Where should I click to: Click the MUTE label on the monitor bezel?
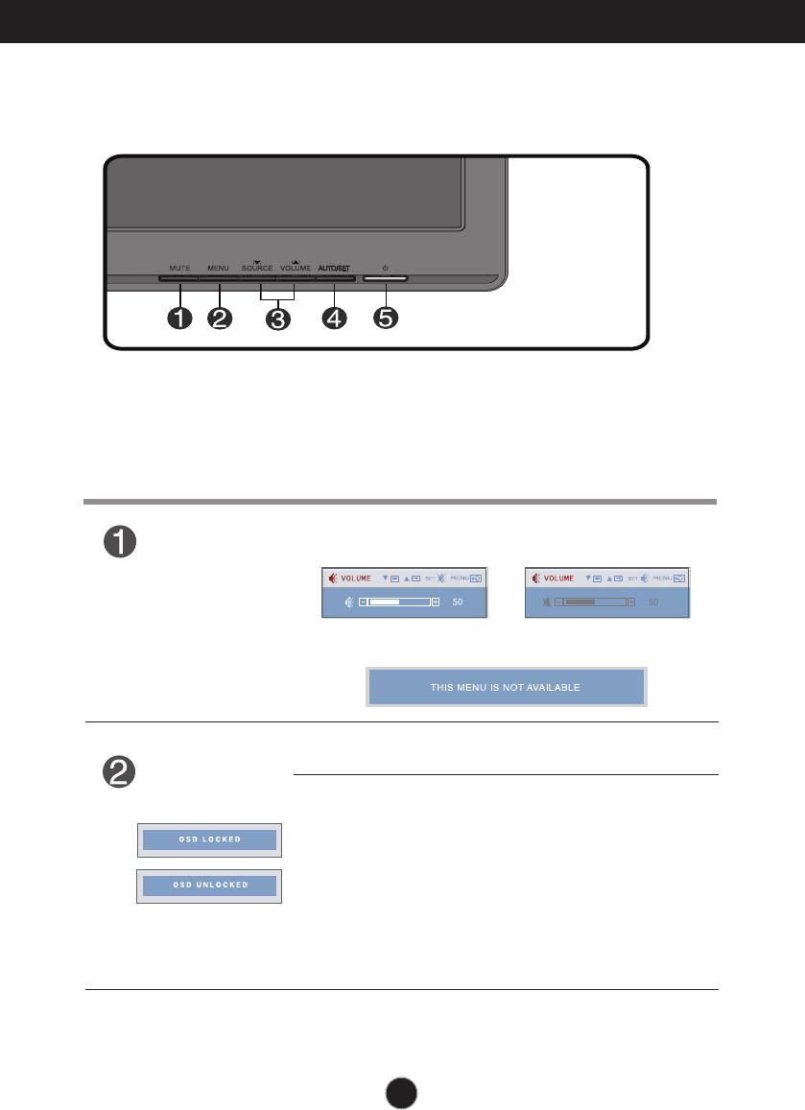(x=179, y=268)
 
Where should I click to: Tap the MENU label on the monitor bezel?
(x=219, y=268)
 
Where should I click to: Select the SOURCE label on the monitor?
(x=257, y=268)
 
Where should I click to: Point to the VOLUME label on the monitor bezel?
(x=296, y=268)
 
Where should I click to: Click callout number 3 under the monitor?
(x=278, y=319)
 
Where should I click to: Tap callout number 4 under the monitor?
(x=335, y=319)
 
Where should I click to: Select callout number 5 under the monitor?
(x=386, y=319)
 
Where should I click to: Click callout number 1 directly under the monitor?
(x=179, y=319)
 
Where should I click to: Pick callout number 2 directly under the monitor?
(x=220, y=319)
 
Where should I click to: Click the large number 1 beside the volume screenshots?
(x=121, y=542)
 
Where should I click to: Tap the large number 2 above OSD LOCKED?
(x=121, y=773)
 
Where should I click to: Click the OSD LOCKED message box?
(x=209, y=839)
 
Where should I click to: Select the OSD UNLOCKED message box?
(x=209, y=886)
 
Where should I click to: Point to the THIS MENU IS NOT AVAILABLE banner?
(x=507, y=687)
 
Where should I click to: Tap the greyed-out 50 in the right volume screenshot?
(x=653, y=602)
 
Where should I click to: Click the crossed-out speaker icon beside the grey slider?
(x=547, y=602)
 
